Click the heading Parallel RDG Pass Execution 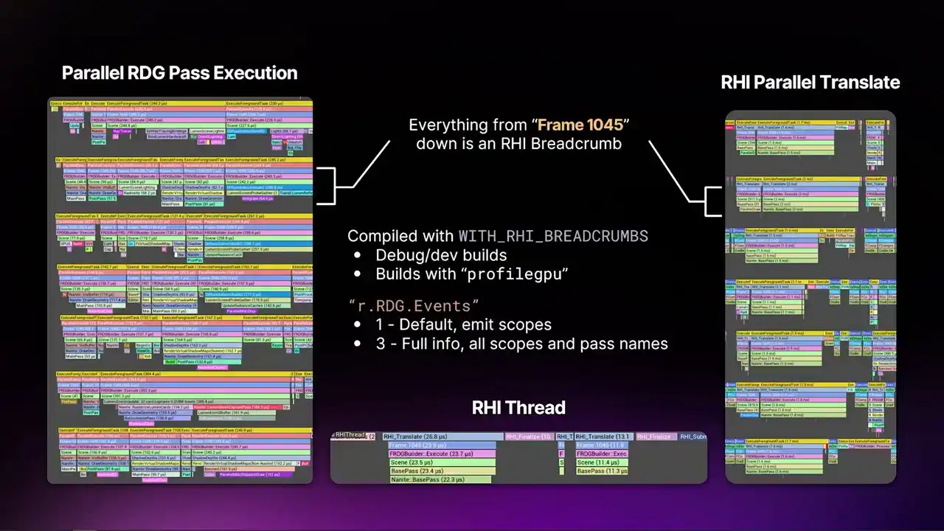179,73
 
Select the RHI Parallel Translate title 810,82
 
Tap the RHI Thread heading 518,408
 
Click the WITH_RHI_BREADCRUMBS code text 553,236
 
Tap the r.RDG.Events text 414,305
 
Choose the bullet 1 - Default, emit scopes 462,324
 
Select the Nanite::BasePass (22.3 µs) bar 439,479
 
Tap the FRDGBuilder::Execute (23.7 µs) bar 441,454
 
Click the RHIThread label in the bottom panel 350,436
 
